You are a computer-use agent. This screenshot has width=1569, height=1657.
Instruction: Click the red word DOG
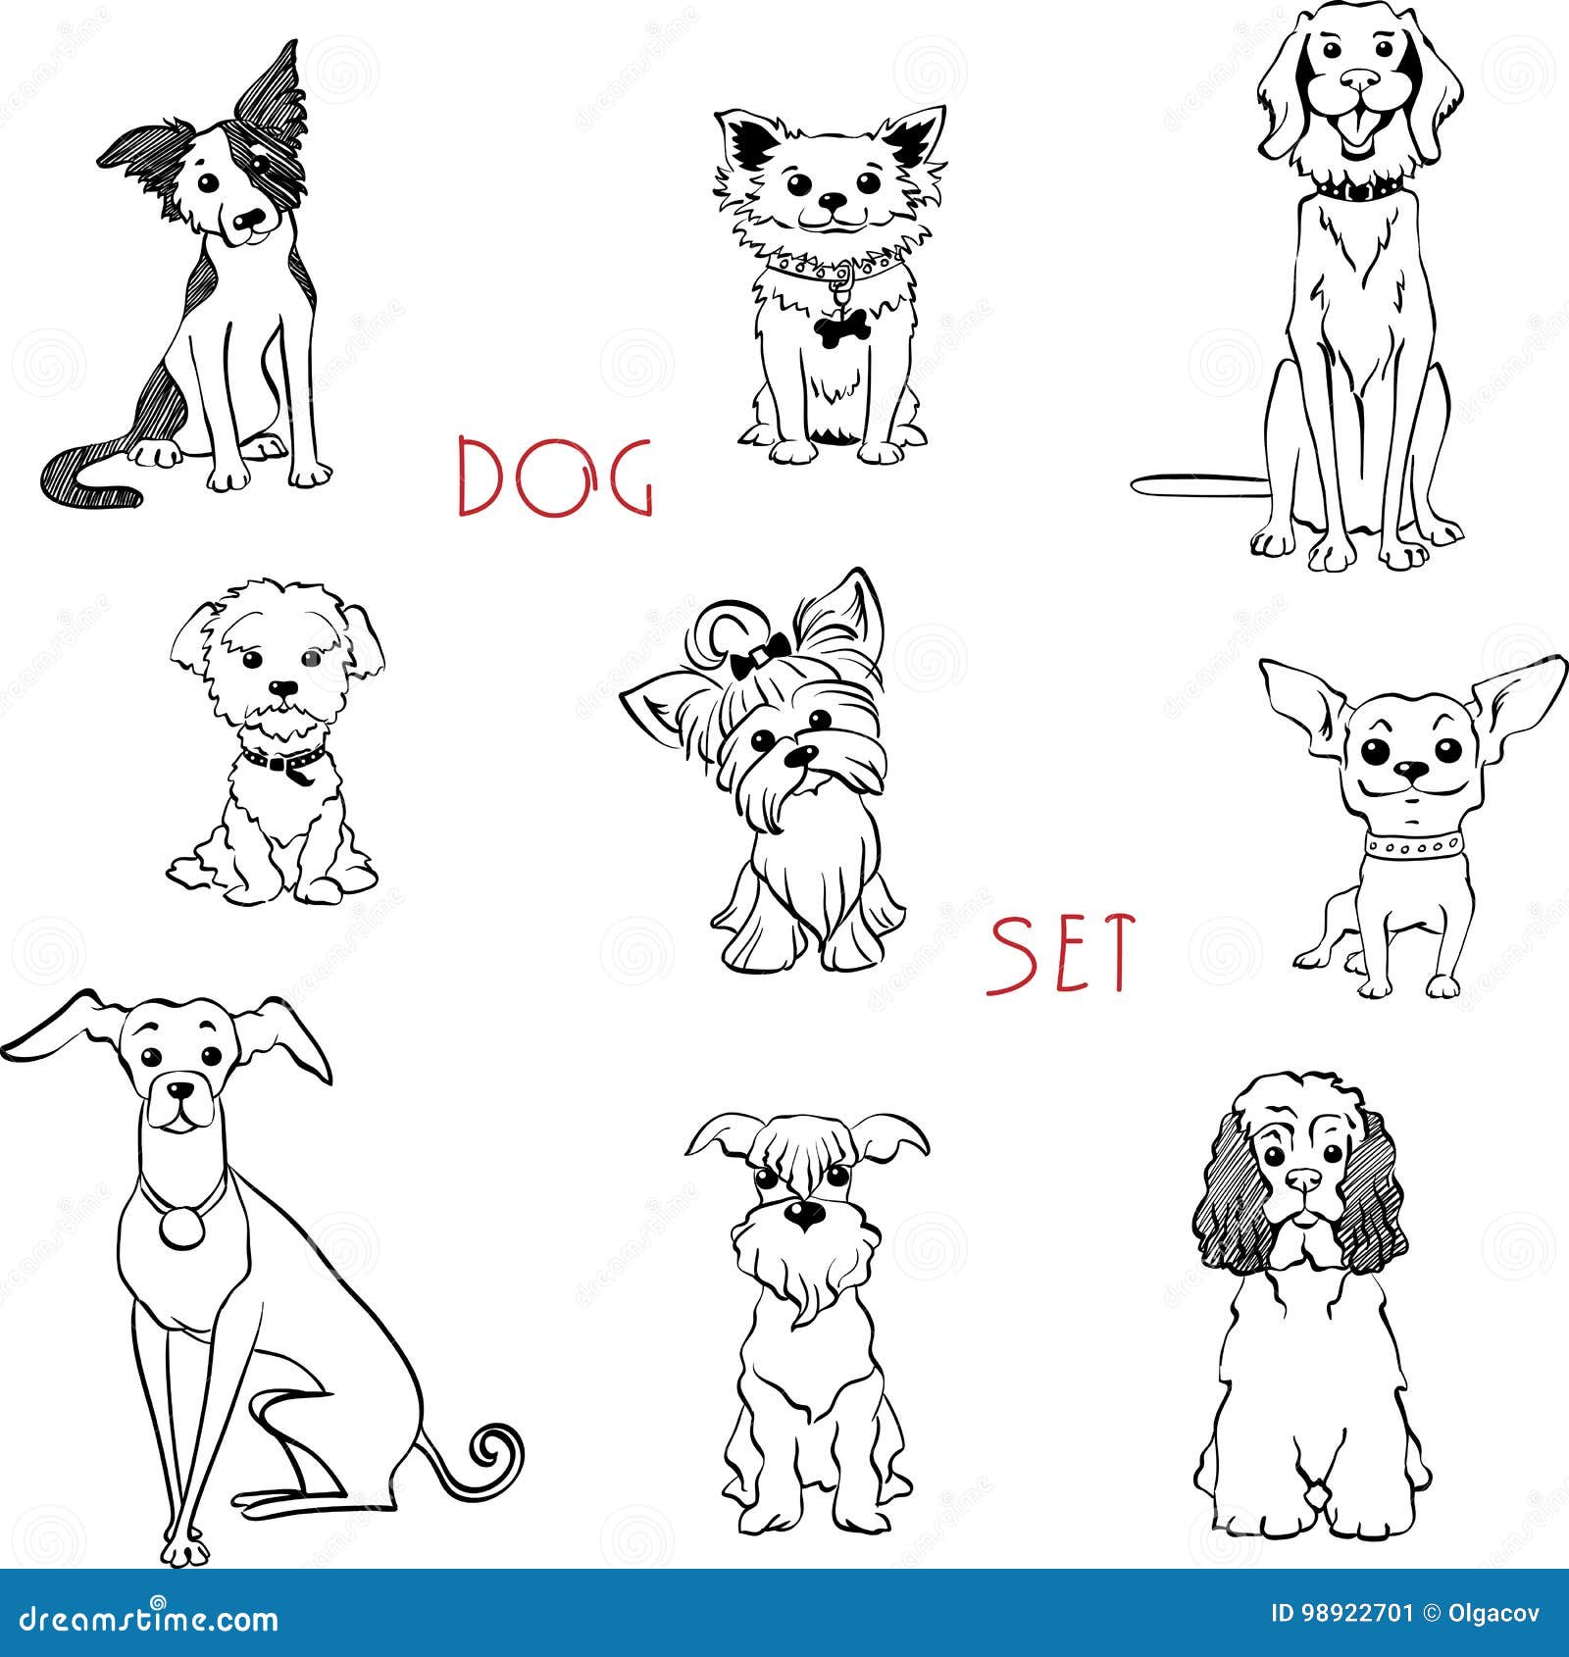coord(555,477)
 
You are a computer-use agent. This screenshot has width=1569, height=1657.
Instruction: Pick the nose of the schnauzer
coord(804,1216)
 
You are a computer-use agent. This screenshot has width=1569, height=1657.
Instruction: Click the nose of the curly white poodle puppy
coord(282,688)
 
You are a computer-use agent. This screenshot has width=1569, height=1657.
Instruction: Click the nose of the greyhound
coord(178,1089)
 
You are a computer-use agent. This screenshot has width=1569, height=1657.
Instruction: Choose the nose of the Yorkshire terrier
coord(802,755)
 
